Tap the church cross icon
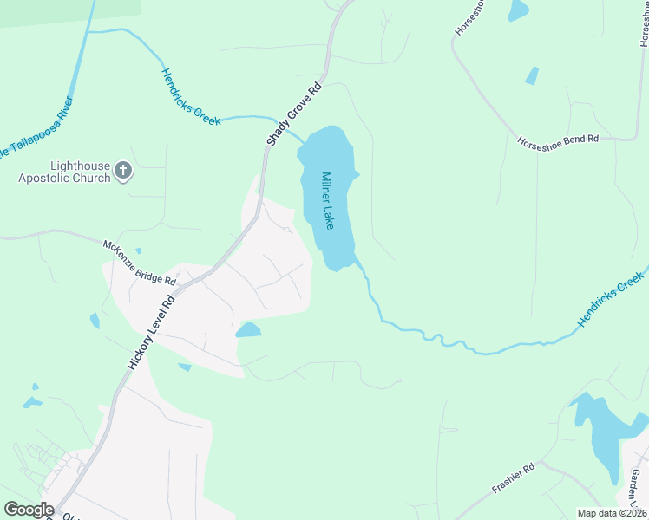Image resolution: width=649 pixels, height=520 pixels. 123,171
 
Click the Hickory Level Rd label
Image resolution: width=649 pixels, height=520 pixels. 152,332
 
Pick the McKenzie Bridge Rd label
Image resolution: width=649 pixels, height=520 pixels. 140,263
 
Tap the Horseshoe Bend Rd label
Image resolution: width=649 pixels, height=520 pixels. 558,139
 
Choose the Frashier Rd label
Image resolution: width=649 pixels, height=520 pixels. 515,478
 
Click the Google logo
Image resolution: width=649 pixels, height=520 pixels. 29,510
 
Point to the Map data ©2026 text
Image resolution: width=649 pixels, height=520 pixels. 612,513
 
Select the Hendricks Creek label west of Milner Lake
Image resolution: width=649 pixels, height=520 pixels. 191,97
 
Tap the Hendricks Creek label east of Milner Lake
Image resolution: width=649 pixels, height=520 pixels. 613,299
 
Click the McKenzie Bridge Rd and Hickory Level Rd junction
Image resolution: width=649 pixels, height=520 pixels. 205,276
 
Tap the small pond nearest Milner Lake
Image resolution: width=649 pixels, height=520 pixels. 248,330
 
